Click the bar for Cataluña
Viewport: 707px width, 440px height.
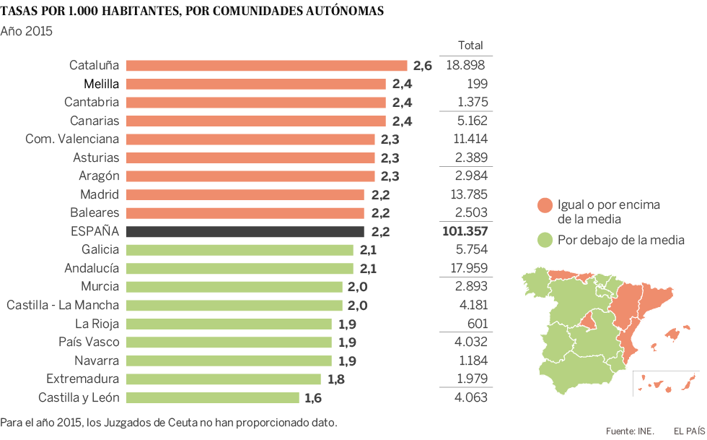coord(267,65)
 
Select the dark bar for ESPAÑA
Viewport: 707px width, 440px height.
coord(245,231)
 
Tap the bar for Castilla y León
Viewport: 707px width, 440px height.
coord(213,397)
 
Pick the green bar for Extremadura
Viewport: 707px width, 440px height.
coord(224,379)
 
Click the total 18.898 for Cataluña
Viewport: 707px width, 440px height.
coord(465,65)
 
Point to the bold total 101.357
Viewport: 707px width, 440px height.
coord(464,231)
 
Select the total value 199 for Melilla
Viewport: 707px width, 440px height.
coord(477,84)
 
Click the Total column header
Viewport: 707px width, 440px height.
coord(470,46)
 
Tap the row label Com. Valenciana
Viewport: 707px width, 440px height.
coord(72,139)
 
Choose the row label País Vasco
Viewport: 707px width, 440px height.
coord(88,342)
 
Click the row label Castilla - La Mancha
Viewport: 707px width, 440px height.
coord(63,305)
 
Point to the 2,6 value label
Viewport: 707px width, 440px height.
coord(423,66)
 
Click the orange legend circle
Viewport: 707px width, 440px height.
coord(545,206)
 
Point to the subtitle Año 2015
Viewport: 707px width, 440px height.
coord(27,31)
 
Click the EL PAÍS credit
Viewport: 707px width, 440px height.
coord(689,431)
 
